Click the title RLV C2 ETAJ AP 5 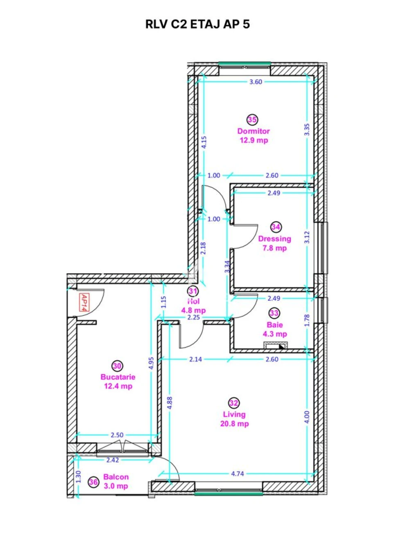tap(197, 25)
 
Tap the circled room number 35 tap(252, 119)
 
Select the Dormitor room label tap(253, 131)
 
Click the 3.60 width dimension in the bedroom tap(256, 82)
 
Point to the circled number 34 tap(276, 227)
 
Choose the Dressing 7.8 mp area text tap(275, 248)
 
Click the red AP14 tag tap(84, 303)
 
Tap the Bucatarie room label tap(118, 377)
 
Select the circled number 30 tap(117, 366)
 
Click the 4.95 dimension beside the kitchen tap(151, 363)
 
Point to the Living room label tap(234, 414)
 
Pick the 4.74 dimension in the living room tap(237, 474)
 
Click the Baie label tap(275, 325)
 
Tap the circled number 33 tap(274, 313)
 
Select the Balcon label tap(116, 477)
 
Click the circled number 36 tap(93, 481)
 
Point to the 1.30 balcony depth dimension tap(78, 477)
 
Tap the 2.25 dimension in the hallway tap(194, 317)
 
